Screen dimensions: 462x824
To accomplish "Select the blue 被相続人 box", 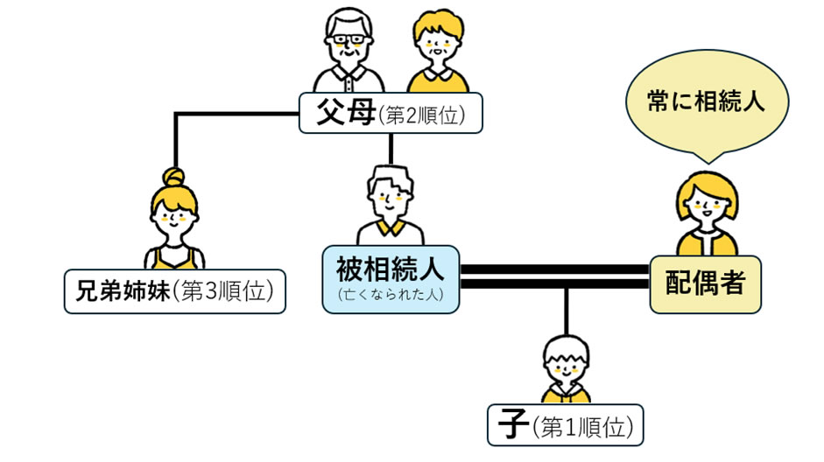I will [391, 277].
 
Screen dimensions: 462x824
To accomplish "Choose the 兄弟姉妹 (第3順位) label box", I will [175, 292].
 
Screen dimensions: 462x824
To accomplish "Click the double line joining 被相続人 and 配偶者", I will [554, 276].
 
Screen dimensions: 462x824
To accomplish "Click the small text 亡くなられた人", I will [391, 295].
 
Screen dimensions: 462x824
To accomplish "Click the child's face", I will [566, 367].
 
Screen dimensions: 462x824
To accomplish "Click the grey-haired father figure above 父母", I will [349, 48].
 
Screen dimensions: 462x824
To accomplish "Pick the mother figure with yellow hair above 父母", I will [435, 52].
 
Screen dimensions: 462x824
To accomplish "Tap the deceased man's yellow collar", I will [390, 230].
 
